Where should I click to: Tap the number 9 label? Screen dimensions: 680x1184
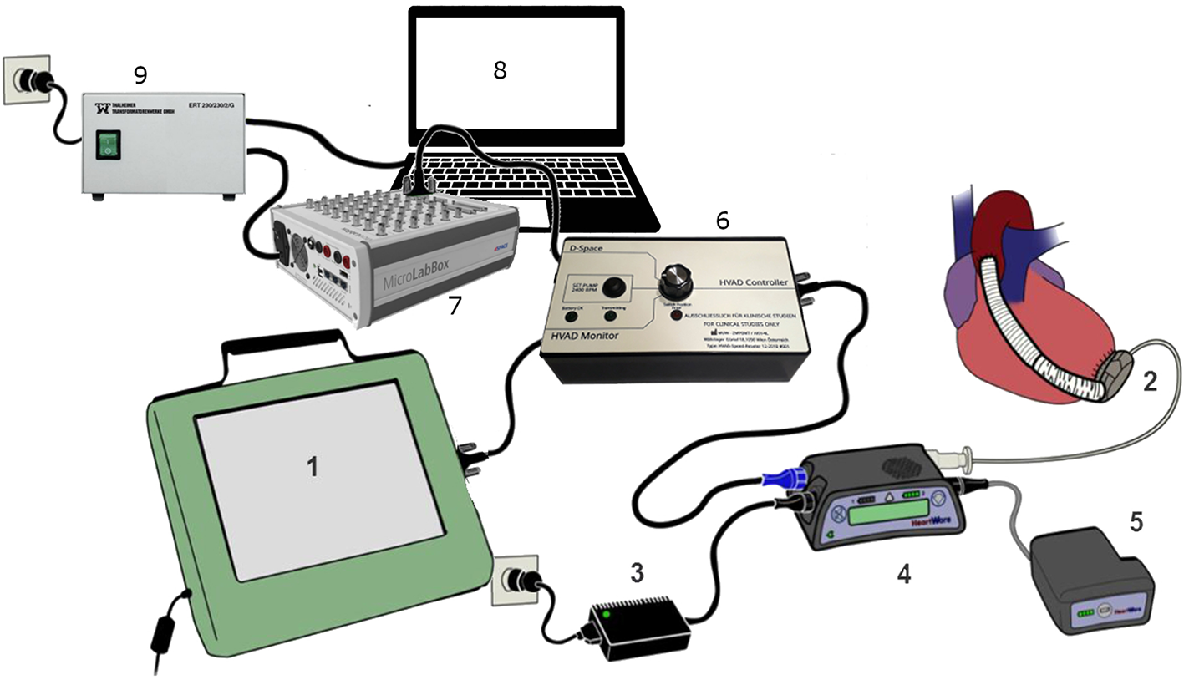pos(140,76)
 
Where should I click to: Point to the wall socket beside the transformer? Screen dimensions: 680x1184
pos(23,80)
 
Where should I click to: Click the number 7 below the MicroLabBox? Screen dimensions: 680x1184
pos(454,307)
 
